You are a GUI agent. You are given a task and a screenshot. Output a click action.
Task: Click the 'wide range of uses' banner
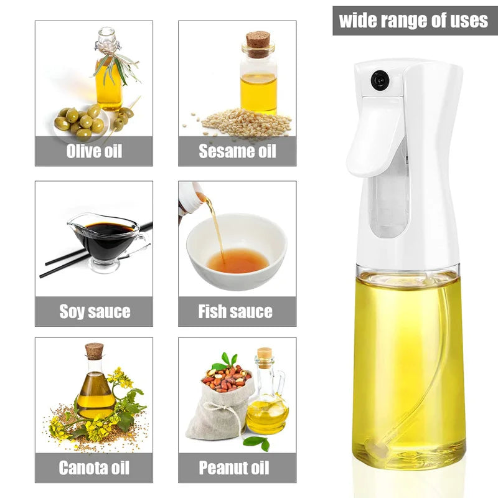click(413, 21)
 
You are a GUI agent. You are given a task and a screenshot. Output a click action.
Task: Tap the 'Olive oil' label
click(94, 151)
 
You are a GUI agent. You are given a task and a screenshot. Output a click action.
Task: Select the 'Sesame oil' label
click(237, 151)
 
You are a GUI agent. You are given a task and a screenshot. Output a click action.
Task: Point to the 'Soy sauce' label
click(94, 311)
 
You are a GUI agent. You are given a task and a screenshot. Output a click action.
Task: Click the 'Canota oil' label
click(94, 467)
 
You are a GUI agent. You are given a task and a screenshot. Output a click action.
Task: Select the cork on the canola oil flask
click(94, 350)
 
